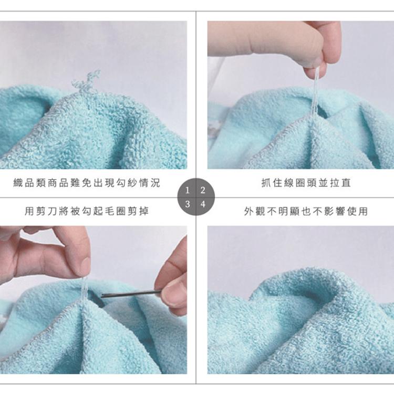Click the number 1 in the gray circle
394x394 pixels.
187,190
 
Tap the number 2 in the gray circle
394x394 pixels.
203,190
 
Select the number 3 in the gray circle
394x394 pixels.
187,204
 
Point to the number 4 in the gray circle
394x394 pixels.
203,204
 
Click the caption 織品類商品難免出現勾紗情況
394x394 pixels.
87,183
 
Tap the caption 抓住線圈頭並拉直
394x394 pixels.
306,183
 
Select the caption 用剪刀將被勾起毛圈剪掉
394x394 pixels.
87,211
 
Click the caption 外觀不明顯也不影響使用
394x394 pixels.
306,211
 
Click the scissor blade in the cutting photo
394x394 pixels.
131,294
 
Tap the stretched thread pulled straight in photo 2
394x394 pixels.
315,96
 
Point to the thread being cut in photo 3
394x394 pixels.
84,289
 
